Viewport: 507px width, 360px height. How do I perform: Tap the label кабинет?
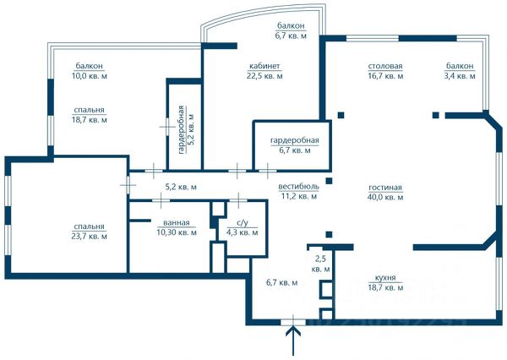(x=264, y=66)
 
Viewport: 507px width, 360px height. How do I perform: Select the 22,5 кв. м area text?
(x=264, y=76)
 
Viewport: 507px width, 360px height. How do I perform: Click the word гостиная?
(x=385, y=188)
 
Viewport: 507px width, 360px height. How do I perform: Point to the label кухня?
(x=385, y=278)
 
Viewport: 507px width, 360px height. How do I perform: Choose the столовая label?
(x=385, y=66)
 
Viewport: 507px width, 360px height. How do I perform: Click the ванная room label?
(x=177, y=223)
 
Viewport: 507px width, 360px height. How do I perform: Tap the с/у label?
(x=243, y=223)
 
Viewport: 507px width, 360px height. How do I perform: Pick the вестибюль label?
(x=298, y=187)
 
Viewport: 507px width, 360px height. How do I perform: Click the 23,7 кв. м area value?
(x=90, y=237)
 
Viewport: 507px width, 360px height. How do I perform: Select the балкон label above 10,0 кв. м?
(x=90, y=66)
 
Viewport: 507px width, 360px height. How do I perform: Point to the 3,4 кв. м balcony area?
(x=460, y=76)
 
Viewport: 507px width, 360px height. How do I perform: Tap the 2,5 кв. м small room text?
(x=320, y=264)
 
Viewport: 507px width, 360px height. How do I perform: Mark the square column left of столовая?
(x=341, y=115)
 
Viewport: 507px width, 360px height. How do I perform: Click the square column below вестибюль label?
(x=329, y=234)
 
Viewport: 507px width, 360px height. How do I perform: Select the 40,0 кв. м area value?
(x=385, y=197)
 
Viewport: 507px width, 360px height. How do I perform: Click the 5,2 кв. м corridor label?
(x=181, y=187)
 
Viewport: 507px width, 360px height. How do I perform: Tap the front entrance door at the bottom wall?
(x=293, y=322)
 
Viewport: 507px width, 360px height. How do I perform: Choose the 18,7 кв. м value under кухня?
(x=385, y=287)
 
